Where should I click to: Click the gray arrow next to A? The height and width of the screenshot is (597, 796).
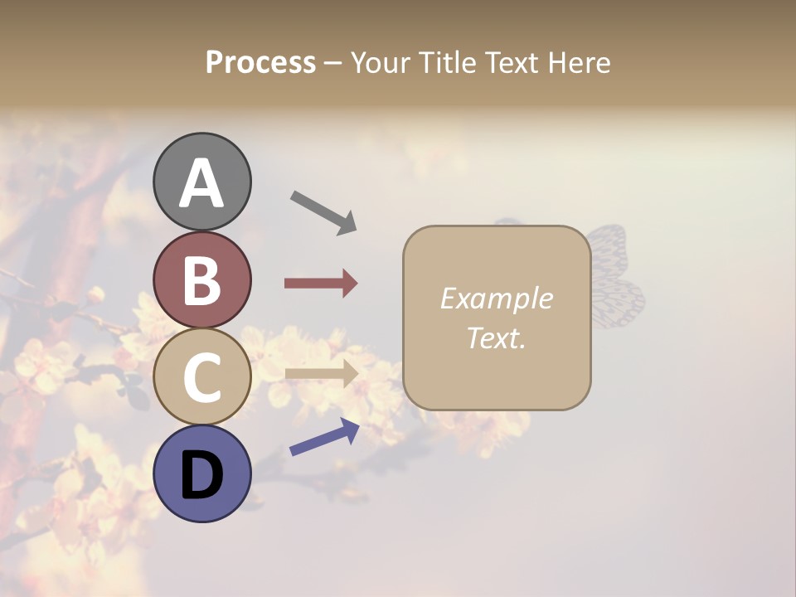[x=323, y=212]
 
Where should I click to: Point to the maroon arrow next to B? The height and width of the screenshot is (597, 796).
[x=320, y=284]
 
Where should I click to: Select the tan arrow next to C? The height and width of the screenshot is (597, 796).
[x=321, y=373]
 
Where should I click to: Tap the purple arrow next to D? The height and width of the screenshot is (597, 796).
[x=324, y=437]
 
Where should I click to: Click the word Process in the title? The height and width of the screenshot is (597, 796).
[x=260, y=63]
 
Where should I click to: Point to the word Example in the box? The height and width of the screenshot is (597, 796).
[x=496, y=298]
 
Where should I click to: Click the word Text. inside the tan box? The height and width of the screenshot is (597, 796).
[x=496, y=337]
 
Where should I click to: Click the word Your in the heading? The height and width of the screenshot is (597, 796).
[x=381, y=63]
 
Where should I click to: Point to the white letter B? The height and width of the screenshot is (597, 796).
[x=201, y=280]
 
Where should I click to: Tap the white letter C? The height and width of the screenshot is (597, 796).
[x=201, y=377]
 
